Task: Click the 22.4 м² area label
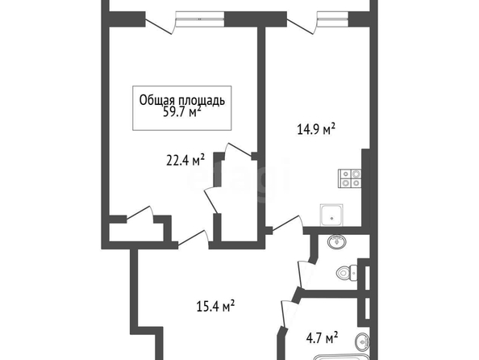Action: pos(185,160)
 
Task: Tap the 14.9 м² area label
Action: pos(316,129)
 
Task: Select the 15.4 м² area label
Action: pos(215,306)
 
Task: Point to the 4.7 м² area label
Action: pos(322,338)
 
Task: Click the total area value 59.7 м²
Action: pos(182,112)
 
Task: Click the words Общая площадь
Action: pos(182,100)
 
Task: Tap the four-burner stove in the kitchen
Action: pos(350,178)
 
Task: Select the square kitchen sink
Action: pos(331,215)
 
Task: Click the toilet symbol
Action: pos(347,272)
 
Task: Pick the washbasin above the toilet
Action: pos(337,241)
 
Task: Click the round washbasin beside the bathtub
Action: pos(363,342)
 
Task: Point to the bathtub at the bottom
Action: pos(342,358)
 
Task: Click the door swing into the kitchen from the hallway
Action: pos(288,224)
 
